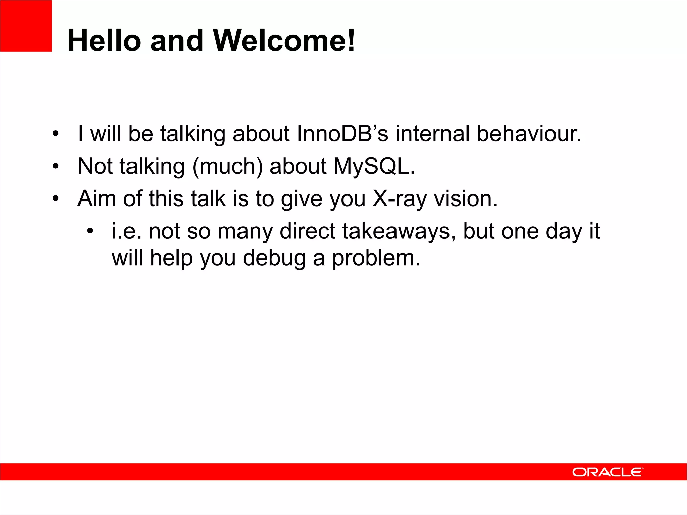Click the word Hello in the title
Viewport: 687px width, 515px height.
pyautogui.click(x=104, y=41)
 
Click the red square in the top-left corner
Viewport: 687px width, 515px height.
pyautogui.click(x=26, y=26)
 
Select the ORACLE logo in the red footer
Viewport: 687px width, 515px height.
pyautogui.click(x=607, y=472)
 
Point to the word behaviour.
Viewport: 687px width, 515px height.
pyautogui.click(x=529, y=134)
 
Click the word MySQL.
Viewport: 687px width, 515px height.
pyautogui.click(x=374, y=166)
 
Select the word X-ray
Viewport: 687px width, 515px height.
pyautogui.click(x=400, y=199)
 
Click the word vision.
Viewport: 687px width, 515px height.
pyautogui.click(x=466, y=199)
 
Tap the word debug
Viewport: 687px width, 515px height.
pyautogui.click(x=274, y=258)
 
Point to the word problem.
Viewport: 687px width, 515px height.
pyautogui.click(x=376, y=258)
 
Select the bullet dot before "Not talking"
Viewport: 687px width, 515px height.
pyautogui.click(x=56, y=166)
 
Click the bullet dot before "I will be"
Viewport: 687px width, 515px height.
pyautogui.click(x=56, y=134)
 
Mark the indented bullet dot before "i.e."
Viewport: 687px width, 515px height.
pyautogui.click(x=90, y=231)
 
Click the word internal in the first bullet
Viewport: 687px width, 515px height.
pyautogui.click(x=432, y=134)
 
